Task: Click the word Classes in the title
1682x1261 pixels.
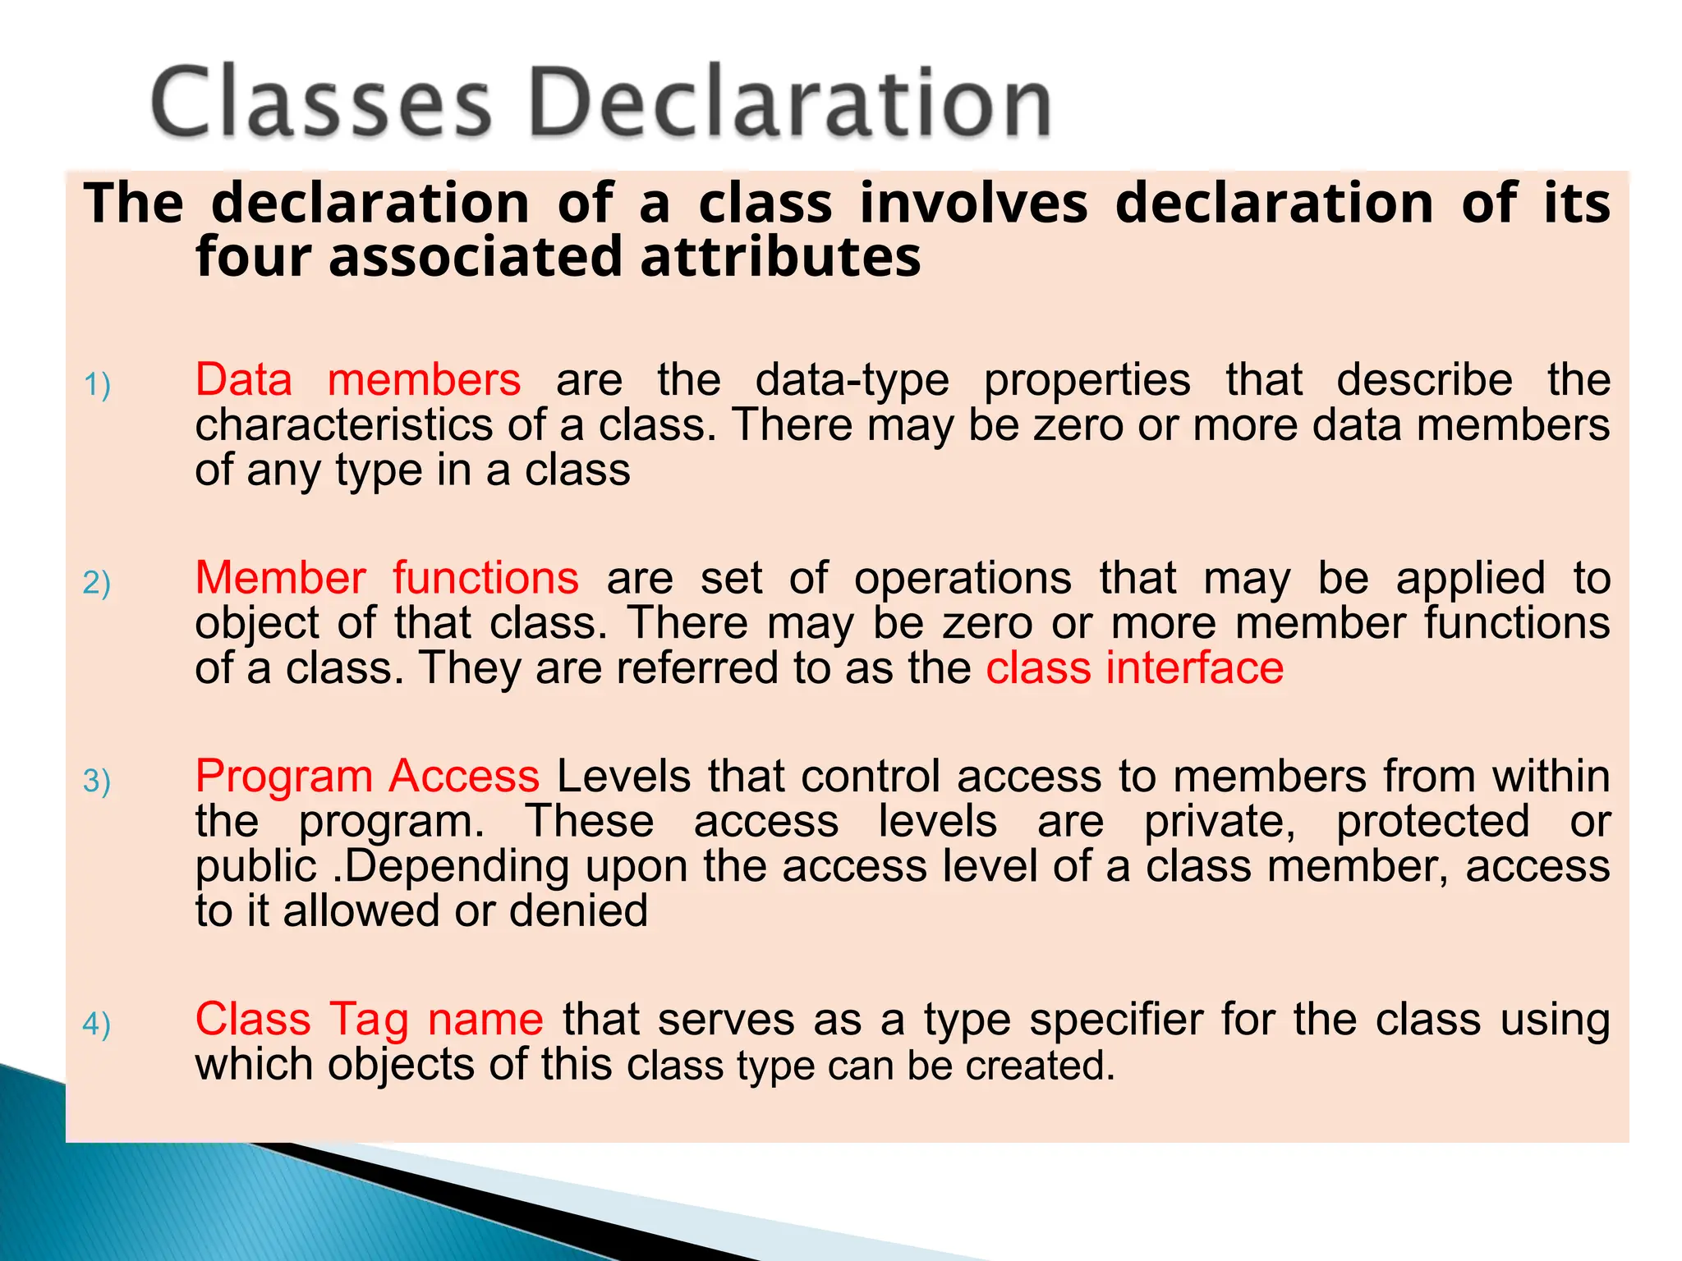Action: tap(320, 102)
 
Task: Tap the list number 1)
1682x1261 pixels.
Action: tap(97, 384)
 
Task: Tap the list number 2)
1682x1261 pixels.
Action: tap(97, 582)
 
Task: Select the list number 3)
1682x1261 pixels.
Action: tap(97, 780)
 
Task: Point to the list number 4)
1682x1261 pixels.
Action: tap(97, 1024)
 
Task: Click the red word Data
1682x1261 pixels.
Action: tap(244, 380)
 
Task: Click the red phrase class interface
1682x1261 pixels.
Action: tap(1134, 667)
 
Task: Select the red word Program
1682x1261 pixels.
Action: tap(284, 777)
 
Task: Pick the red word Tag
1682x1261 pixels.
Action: tap(370, 1020)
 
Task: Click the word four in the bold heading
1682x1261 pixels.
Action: tap(254, 257)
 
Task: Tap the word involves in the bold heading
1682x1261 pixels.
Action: tap(973, 203)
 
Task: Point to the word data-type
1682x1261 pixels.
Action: tap(852, 380)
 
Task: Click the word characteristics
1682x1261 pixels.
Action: tap(343, 425)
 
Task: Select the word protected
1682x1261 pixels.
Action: tap(1432, 822)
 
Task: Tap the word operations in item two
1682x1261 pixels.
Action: tap(963, 578)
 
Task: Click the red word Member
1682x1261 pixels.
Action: tap(280, 578)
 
